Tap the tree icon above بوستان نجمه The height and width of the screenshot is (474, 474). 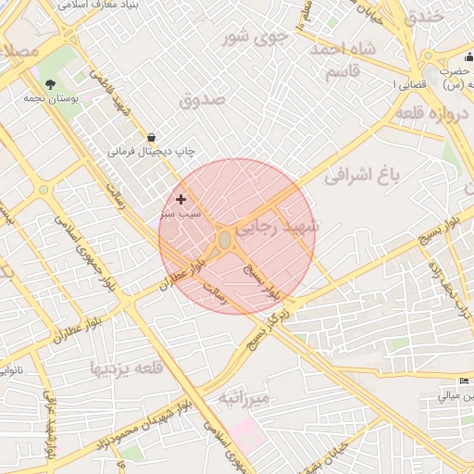click(x=50, y=84)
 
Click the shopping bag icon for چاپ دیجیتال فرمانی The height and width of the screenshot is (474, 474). click(x=151, y=137)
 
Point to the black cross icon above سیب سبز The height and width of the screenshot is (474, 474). click(x=181, y=199)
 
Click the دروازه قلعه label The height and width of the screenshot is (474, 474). click(x=434, y=112)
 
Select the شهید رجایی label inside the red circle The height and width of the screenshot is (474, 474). click(x=278, y=226)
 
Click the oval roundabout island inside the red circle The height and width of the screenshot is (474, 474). click(x=225, y=241)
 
